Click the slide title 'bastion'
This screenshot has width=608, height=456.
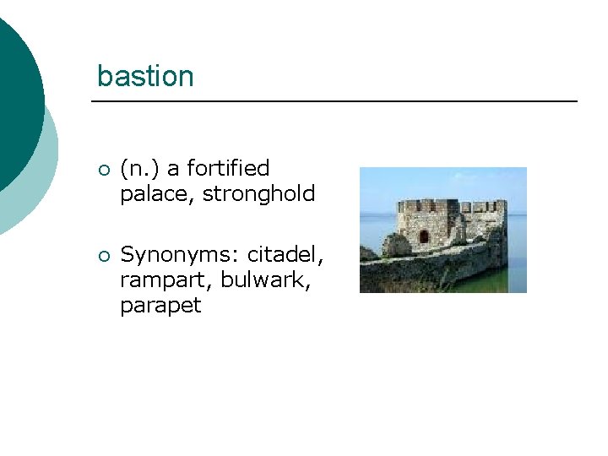pos(145,76)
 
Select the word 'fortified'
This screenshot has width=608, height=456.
pos(230,169)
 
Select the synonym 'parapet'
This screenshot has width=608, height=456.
pos(160,306)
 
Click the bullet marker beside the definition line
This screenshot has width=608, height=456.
pos(103,171)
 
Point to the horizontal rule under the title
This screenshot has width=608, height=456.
pos(334,101)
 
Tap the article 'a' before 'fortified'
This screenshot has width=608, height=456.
pos(173,169)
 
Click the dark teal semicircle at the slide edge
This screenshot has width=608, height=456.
pos(17,93)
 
